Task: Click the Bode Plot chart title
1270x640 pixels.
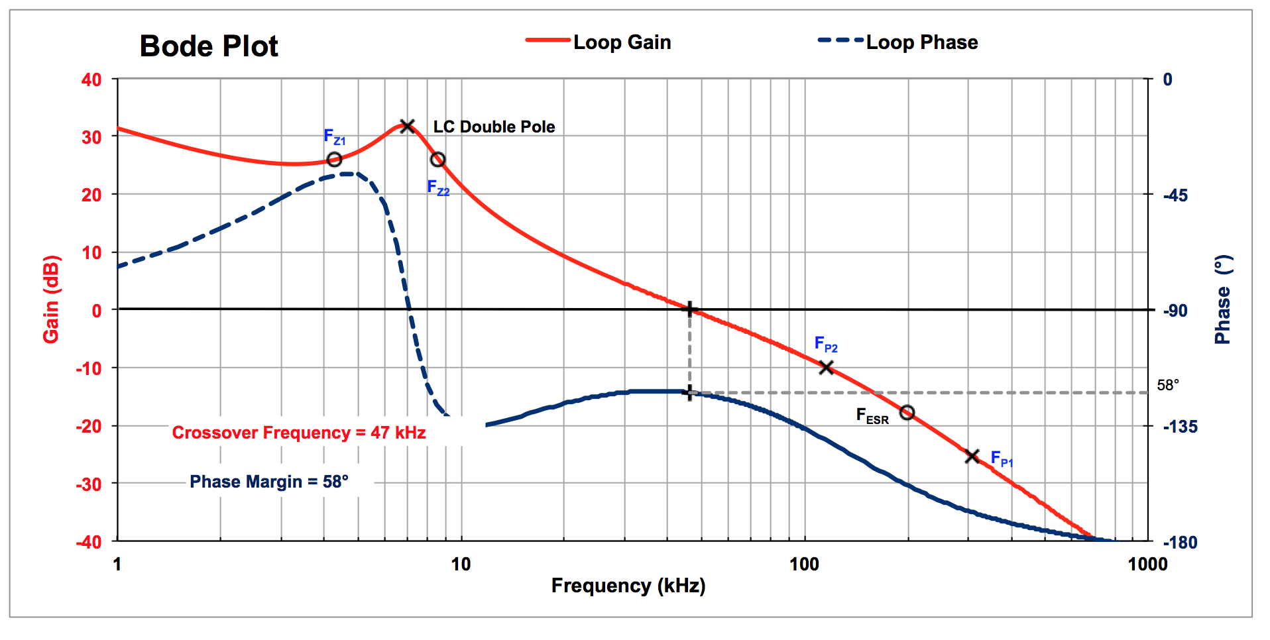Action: pyautogui.click(x=209, y=46)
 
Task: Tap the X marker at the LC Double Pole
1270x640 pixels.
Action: pyautogui.click(x=408, y=126)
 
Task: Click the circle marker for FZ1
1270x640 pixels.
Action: pyautogui.click(x=335, y=160)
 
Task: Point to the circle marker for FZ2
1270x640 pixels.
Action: pyautogui.click(x=437, y=160)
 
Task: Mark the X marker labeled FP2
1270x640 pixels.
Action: pyautogui.click(x=826, y=367)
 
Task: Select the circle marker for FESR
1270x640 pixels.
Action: pyautogui.click(x=907, y=413)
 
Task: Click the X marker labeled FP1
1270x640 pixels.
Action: pyautogui.click(x=972, y=456)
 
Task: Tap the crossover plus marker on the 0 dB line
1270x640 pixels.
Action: pyautogui.click(x=690, y=309)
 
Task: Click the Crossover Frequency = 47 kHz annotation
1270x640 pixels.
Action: pyautogui.click(x=299, y=433)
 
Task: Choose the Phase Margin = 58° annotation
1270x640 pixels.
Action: pyautogui.click(x=269, y=482)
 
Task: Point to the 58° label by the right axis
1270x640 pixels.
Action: pyautogui.click(x=1168, y=385)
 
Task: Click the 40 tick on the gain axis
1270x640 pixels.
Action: pyautogui.click(x=91, y=80)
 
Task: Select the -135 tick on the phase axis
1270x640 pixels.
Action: pyautogui.click(x=1181, y=427)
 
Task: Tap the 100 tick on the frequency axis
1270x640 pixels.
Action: pyautogui.click(x=804, y=564)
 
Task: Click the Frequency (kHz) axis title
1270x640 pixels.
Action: pyautogui.click(x=628, y=586)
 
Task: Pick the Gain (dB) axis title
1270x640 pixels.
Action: pyautogui.click(x=52, y=299)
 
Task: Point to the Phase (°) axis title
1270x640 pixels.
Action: pyautogui.click(x=1223, y=299)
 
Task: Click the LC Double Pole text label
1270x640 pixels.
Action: pyautogui.click(x=494, y=127)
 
